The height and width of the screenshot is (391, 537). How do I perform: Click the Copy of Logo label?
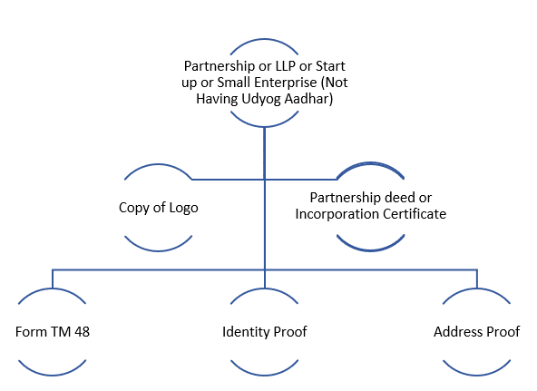159,208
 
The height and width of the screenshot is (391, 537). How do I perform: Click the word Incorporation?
337,214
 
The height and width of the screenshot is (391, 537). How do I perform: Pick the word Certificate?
415,214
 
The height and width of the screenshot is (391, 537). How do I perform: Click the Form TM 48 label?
53,332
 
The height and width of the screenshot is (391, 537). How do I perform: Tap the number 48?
82,332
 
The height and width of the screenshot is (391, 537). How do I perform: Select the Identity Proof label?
265,332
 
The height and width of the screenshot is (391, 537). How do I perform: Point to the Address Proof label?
477,332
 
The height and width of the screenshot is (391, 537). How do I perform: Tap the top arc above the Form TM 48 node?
52,290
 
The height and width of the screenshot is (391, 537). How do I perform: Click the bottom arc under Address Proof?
477,375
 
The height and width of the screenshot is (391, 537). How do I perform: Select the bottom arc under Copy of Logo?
158,250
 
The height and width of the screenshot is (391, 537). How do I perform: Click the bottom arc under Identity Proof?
264,375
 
